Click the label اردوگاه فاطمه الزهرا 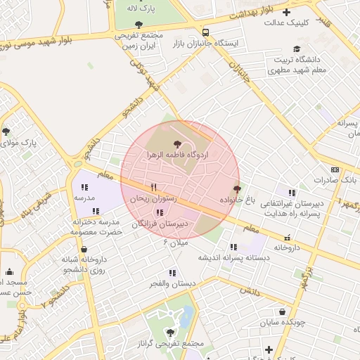[176, 153]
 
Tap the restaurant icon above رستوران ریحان [153, 187]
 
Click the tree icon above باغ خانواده [237, 188]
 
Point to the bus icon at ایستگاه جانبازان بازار [205, 32]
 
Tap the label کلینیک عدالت [288, 22]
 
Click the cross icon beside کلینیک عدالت [285, 12]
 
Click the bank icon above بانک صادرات [335, 169]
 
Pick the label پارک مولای [19, 143]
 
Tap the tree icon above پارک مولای [6, 131]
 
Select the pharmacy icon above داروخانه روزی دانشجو [84, 249]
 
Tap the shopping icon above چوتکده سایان [282, 312]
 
